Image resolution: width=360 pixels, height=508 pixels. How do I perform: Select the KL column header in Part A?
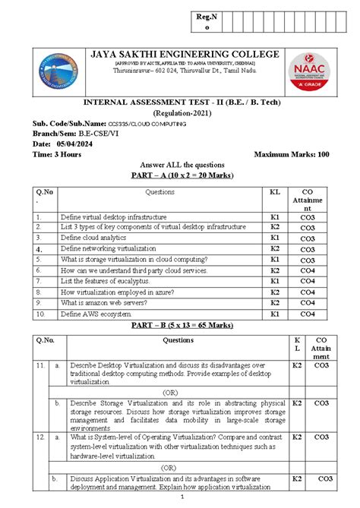coord(275,192)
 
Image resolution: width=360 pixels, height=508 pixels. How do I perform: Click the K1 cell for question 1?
coord(275,216)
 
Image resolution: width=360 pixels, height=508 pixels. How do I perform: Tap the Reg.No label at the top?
coord(204,21)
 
